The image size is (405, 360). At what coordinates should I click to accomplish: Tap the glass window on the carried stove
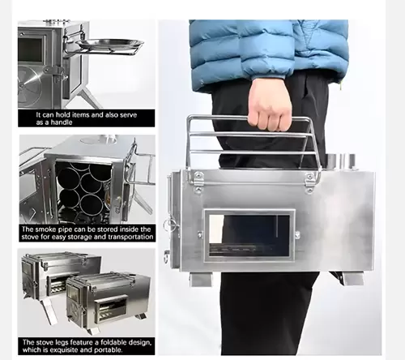click(249, 235)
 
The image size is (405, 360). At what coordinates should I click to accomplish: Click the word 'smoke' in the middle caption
click(45, 229)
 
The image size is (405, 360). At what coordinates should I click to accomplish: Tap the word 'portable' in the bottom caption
click(109, 350)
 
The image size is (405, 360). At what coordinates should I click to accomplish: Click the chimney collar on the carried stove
click(341, 161)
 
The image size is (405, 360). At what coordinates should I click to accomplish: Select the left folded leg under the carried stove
click(201, 279)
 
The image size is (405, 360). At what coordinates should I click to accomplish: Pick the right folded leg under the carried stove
click(351, 278)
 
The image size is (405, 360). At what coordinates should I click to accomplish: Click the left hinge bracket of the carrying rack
click(198, 180)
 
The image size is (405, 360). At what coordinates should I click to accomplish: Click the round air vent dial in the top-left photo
click(29, 84)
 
